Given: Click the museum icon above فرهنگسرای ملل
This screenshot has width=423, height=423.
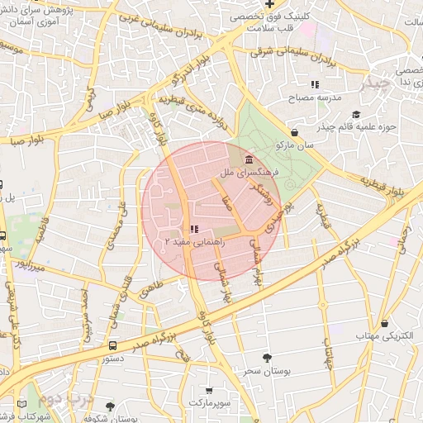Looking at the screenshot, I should [250, 159].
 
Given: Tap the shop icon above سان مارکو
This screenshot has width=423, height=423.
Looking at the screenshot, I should [295, 132].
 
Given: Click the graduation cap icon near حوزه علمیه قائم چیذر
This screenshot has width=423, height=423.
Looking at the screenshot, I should [356, 115].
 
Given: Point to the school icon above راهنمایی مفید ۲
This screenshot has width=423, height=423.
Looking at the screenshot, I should [193, 229].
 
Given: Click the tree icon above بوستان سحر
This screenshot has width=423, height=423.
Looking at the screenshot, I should [266, 358].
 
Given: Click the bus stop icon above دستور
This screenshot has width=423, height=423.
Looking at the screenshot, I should [112, 345].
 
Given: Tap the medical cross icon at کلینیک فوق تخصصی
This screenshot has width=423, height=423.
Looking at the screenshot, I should [269, 4].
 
